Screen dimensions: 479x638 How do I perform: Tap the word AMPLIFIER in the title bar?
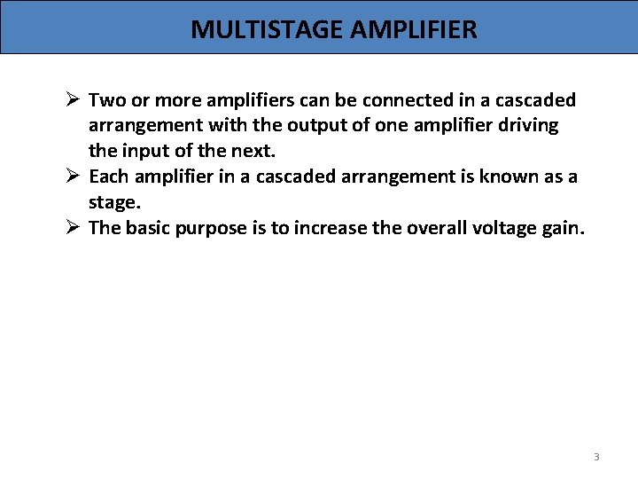pos(414,29)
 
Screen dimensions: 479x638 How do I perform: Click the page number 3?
pos(596,457)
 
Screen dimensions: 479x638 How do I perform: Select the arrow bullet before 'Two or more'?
pos(73,99)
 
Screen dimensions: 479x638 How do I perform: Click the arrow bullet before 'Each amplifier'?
pos(73,177)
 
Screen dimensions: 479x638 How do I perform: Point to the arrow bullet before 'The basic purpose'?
pos(73,228)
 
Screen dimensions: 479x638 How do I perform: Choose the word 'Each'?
pos(109,177)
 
